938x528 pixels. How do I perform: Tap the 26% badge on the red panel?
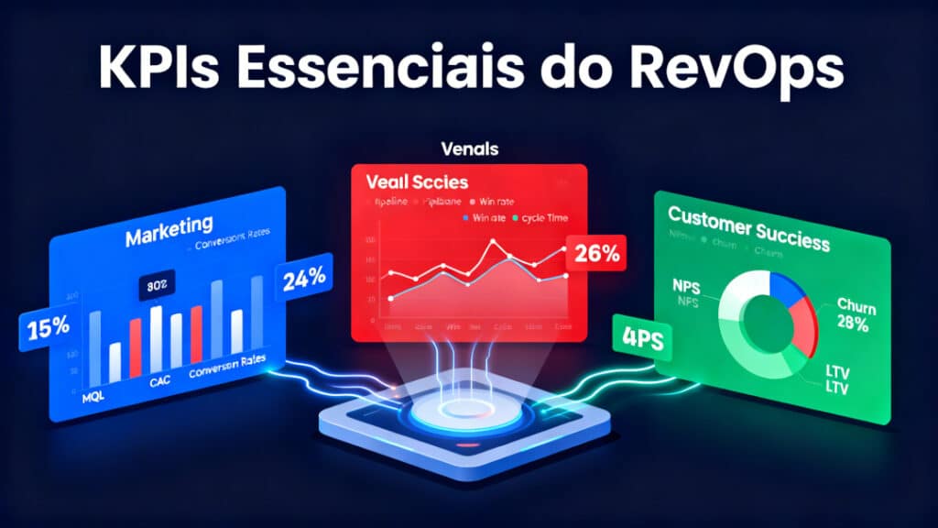pos(597,253)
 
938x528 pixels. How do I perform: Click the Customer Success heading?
pos(748,227)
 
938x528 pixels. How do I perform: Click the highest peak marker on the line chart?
pos(493,243)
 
